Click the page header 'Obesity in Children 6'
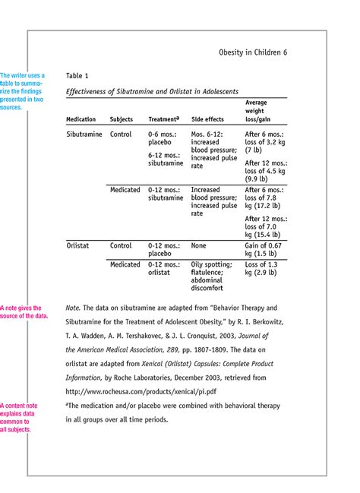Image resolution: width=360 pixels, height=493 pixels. [x=253, y=52]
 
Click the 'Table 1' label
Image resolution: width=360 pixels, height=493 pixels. [x=77, y=76]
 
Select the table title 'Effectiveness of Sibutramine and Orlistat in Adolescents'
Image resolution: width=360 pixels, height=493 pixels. [x=152, y=92]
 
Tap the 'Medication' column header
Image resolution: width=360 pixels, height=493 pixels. [x=81, y=120]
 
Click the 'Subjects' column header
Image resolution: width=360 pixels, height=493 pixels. [x=122, y=120]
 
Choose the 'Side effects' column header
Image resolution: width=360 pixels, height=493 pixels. [x=207, y=120]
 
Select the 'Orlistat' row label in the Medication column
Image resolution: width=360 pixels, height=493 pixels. [x=80, y=246]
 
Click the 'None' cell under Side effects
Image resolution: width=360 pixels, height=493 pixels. [x=199, y=246]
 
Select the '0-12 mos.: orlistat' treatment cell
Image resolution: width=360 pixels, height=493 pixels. [x=164, y=268]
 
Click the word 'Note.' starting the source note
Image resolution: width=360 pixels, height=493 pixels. [x=73, y=309]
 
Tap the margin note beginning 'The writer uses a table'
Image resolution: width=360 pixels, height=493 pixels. [x=23, y=91]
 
